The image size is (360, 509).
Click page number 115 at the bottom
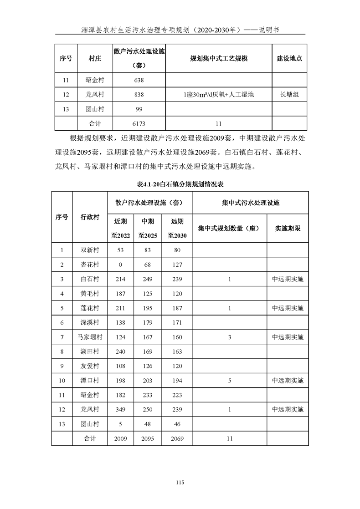click(180, 482)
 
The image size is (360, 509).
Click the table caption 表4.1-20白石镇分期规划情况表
click(180, 185)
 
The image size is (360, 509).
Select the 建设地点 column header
click(289, 59)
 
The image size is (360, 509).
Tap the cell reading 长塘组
click(289, 95)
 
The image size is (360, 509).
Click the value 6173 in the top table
click(139, 123)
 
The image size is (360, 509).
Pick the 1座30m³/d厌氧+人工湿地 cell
click(218, 95)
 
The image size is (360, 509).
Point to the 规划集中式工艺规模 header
click(218, 59)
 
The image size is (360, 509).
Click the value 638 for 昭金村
click(139, 80)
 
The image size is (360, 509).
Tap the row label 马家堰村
click(90, 337)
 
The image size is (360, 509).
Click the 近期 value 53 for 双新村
click(121, 250)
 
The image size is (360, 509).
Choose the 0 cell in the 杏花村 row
click(121, 265)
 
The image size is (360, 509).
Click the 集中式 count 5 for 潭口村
click(230, 381)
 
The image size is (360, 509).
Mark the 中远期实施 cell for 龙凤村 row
click(288, 409)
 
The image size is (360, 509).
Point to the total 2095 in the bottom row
click(148, 438)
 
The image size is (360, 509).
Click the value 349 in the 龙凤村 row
click(121, 409)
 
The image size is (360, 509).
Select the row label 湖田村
click(90, 351)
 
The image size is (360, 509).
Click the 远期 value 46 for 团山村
click(177, 424)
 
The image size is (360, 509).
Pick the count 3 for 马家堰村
click(230, 337)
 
